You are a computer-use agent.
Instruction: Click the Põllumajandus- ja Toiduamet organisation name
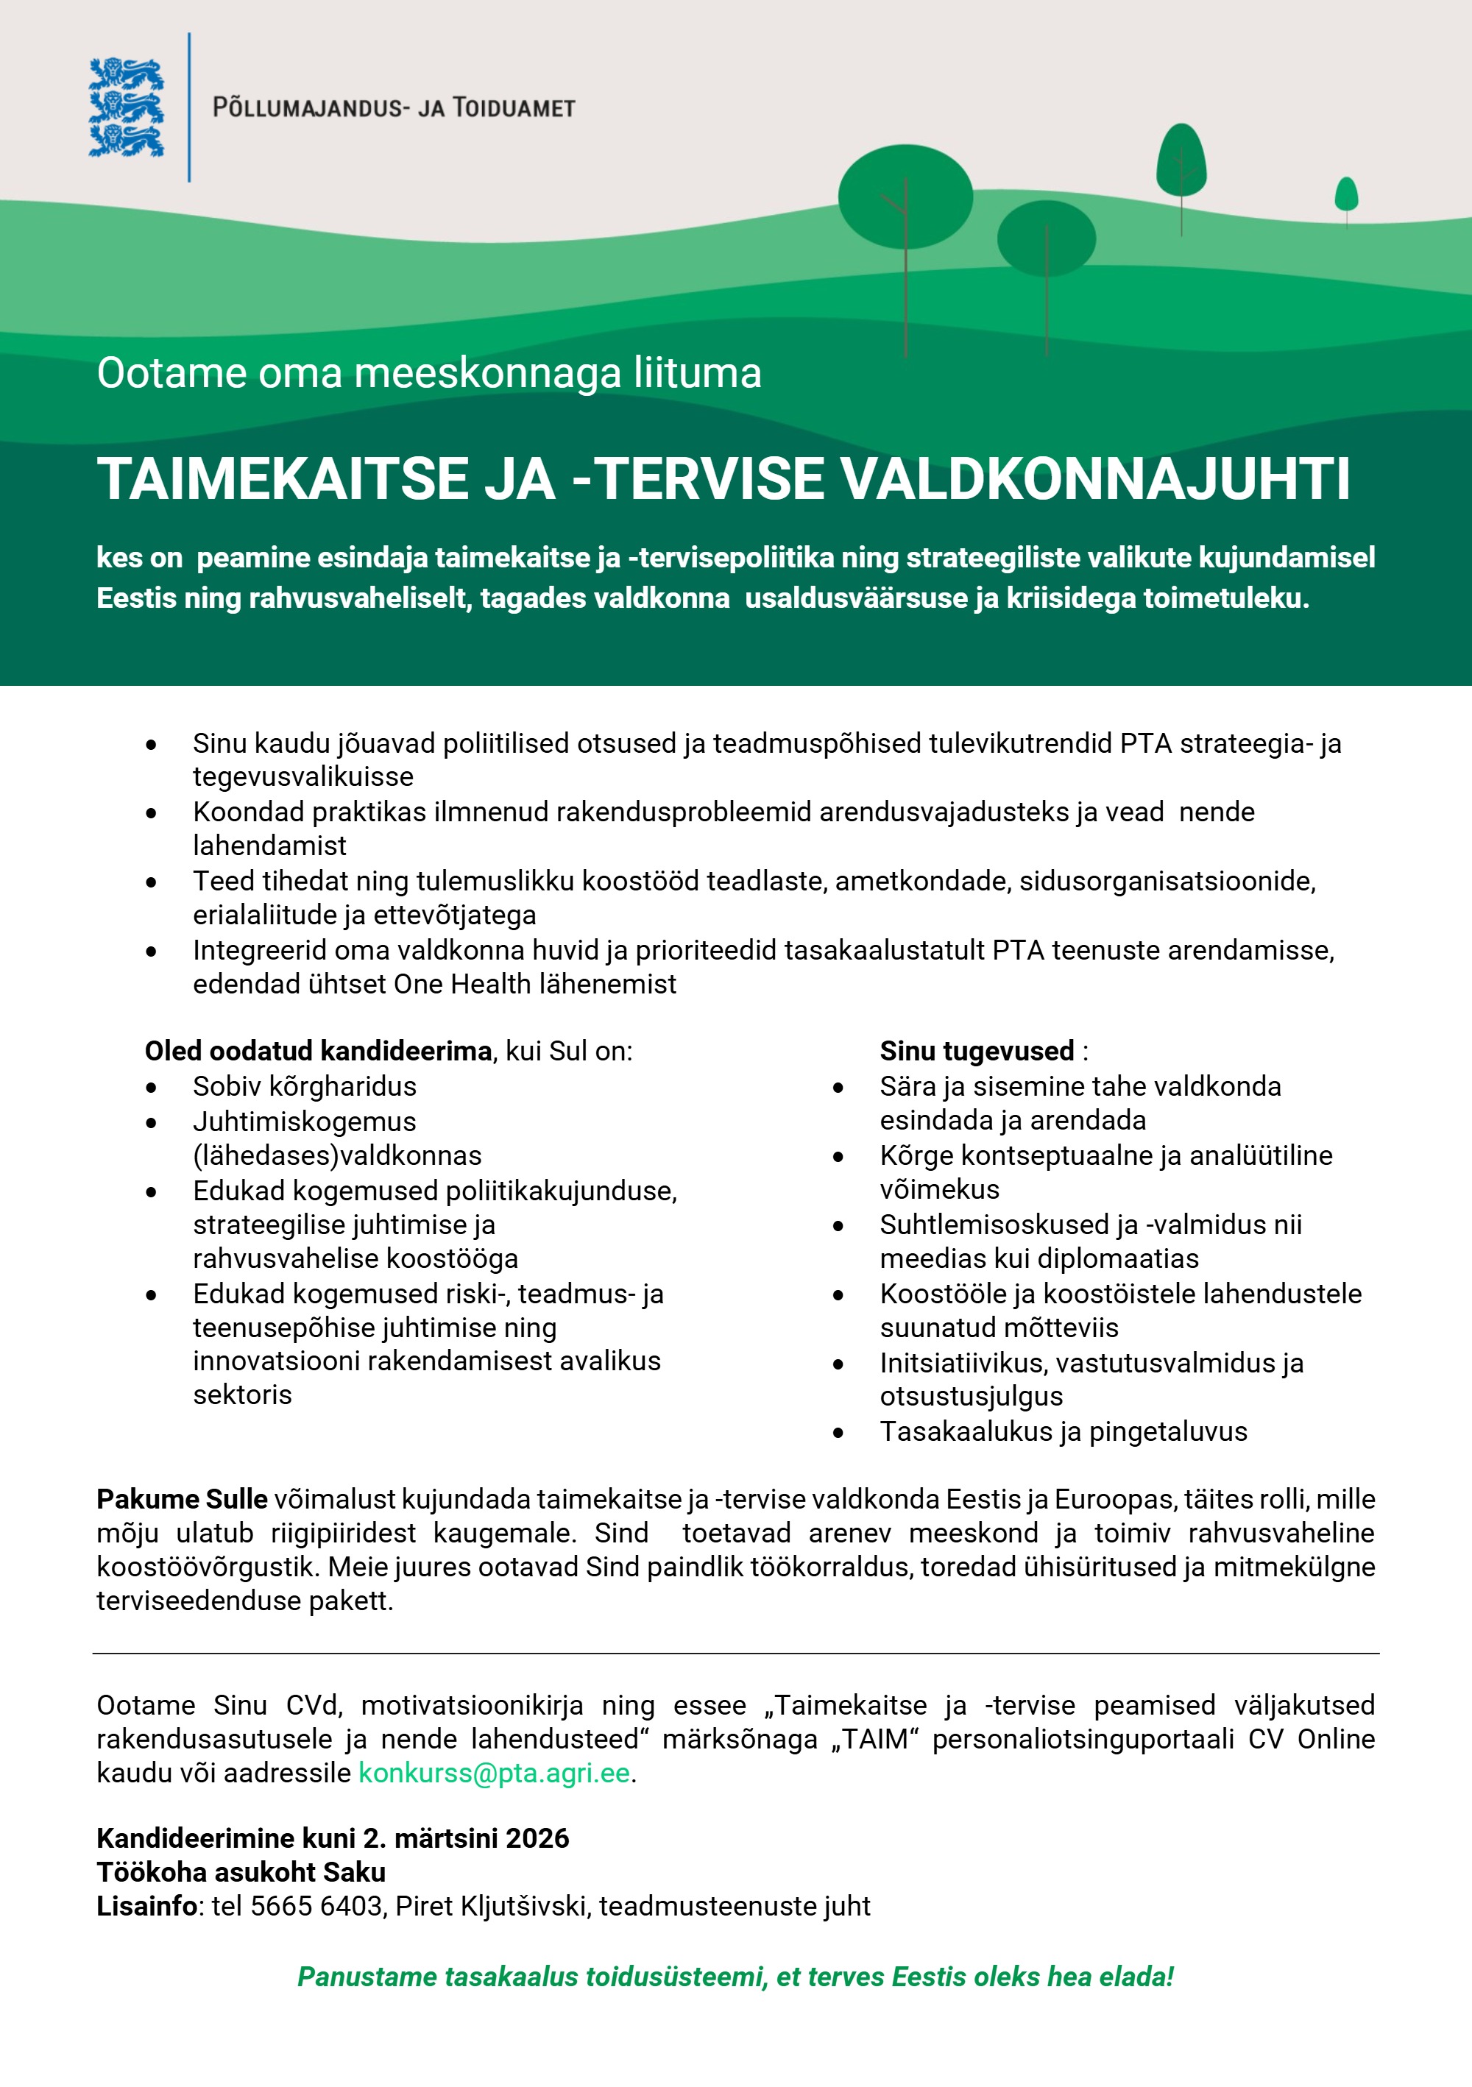click(393, 108)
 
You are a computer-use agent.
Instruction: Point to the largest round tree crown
click(905, 196)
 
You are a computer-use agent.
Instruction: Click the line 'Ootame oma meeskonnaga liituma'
click(428, 372)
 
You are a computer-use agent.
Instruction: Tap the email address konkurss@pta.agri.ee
click(494, 1773)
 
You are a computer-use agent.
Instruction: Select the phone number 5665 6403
click(316, 1905)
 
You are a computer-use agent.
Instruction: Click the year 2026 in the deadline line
click(537, 1838)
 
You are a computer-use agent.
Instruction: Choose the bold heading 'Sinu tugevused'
click(977, 1051)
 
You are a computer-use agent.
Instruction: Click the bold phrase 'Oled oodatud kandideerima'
click(318, 1051)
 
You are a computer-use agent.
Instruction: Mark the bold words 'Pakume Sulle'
click(182, 1499)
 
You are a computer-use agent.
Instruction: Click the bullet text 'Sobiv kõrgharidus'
click(305, 1086)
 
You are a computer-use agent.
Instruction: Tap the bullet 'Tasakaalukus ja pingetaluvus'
click(1063, 1431)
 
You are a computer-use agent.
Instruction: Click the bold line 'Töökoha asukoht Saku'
click(241, 1871)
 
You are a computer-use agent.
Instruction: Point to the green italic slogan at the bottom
click(735, 1976)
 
